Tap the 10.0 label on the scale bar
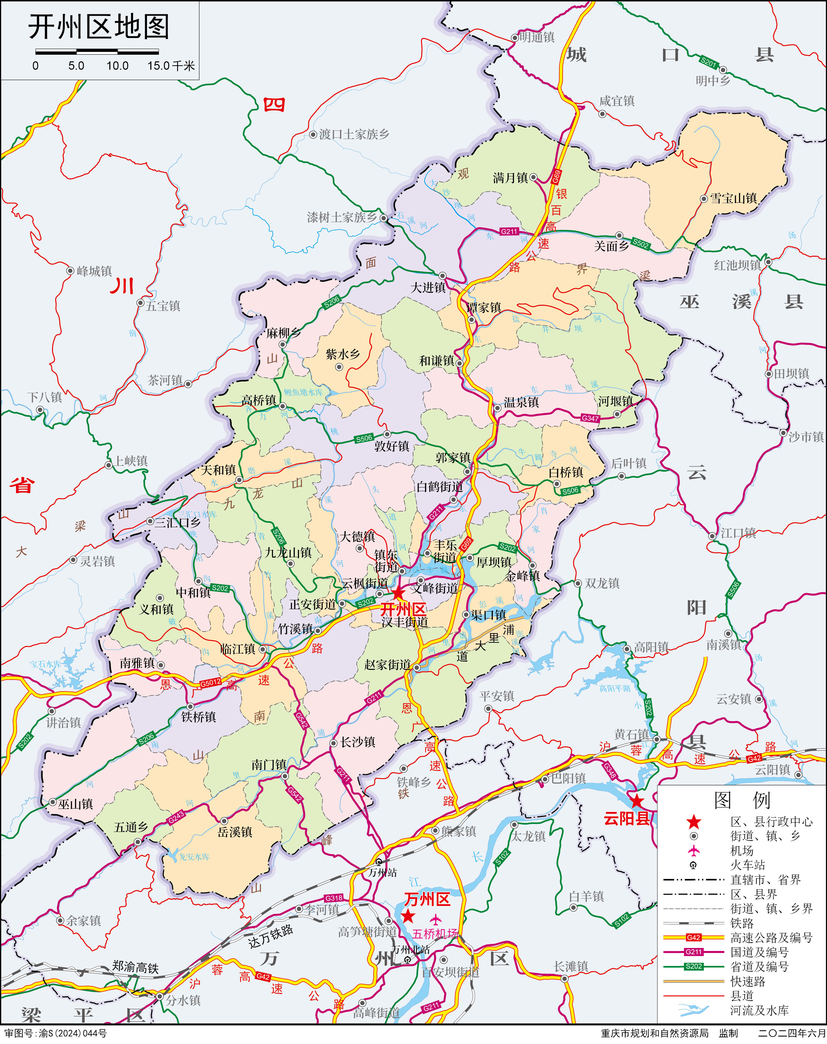click(x=117, y=66)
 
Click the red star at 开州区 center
click(x=398, y=593)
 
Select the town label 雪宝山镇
click(x=733, y=198)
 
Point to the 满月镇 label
click(x=510, y=178)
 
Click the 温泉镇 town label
click(x=521, y=402)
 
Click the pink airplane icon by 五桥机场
click(x=436, y=919)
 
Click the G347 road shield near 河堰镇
click(x=590, y=418)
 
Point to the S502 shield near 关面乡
click(x=641, y=244)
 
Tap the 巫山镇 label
click(x=76, y=804)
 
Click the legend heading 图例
click(x=742, y=801)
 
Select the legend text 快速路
click(x=748, y=982)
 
